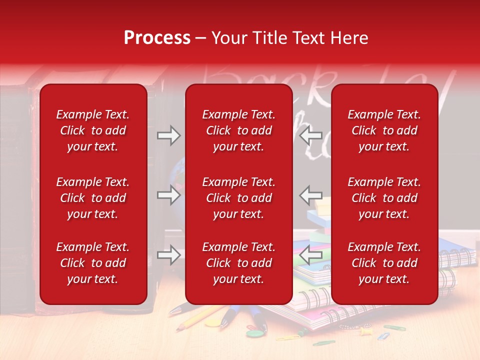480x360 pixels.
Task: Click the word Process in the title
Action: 157,38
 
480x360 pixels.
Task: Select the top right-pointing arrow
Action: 168,135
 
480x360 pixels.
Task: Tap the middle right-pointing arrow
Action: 168,195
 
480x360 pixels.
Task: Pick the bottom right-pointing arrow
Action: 168,255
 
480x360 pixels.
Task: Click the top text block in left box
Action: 93,130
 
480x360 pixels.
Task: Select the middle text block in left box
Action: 93,198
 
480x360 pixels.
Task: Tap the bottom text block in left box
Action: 93,263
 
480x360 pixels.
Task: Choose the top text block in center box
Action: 238,130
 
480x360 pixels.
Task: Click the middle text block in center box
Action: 238,198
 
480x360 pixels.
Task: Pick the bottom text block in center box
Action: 238,263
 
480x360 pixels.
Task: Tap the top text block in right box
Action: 384,130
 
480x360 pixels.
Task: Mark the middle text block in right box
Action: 384,198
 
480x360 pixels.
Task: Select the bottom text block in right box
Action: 384,263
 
